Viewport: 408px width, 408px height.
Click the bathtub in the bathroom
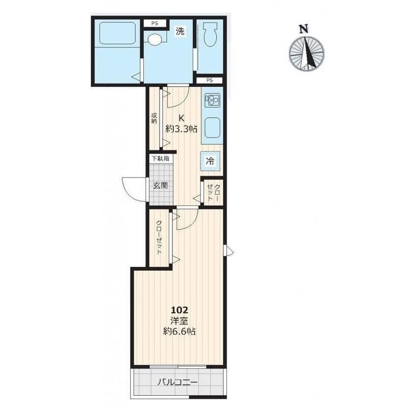117,33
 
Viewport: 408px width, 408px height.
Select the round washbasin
155,40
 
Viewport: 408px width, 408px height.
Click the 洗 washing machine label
180,31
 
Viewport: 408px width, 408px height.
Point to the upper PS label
155,23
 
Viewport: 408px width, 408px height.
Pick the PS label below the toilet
210,80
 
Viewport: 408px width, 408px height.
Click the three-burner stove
212,100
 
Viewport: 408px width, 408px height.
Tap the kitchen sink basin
212,128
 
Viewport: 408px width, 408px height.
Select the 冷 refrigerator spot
210,161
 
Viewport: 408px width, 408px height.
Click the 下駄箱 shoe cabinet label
161,158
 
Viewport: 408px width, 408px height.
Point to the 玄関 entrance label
160,186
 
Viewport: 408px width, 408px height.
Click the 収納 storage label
154,118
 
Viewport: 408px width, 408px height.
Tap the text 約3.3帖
182,129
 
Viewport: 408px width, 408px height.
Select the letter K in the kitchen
182,118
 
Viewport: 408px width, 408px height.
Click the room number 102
180,310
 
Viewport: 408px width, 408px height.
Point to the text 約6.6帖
180,331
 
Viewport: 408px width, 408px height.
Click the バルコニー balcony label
178,382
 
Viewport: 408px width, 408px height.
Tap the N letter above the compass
303,29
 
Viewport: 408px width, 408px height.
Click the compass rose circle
307,54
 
